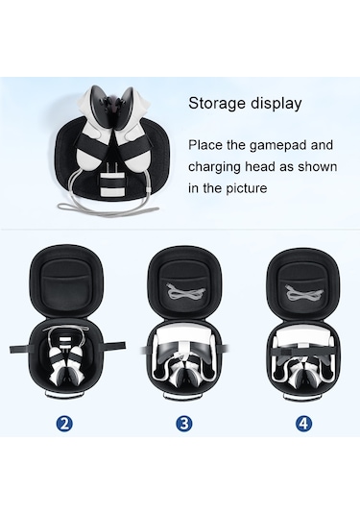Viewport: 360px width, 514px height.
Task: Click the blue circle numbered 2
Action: coord(64,424)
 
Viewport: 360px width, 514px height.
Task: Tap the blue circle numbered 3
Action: coord(184,424)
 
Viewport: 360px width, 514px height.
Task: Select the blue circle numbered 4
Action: coord(303,424)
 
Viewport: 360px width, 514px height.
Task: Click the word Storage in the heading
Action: coord(217,104)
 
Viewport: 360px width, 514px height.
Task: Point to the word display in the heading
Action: coord(276,104)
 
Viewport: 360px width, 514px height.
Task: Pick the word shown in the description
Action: coord(317,167)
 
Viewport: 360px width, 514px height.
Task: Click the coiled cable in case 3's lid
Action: coord(184,291)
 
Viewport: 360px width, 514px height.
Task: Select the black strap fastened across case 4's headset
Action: coord(303,352)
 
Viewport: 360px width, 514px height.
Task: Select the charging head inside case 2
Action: coord(66,342)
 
